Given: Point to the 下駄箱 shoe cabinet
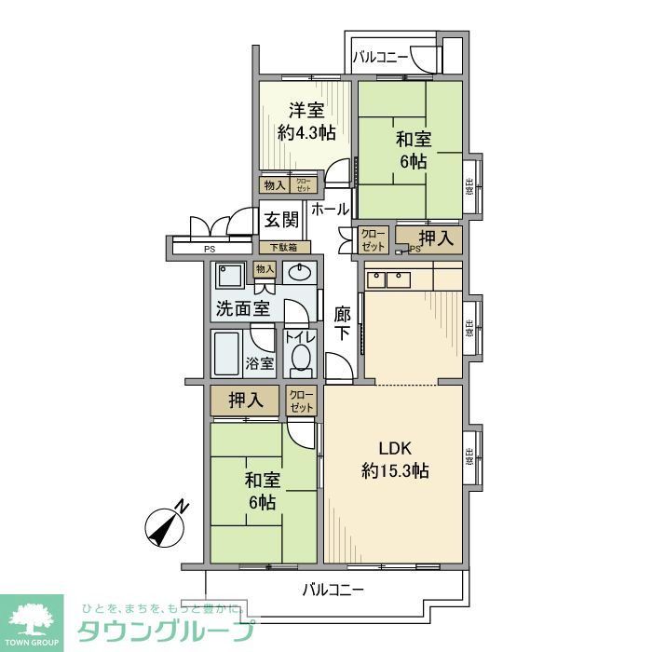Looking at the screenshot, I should click(283, 248).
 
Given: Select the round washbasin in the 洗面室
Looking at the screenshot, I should click(300, 273).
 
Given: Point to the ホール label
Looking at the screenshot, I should click(330, 210).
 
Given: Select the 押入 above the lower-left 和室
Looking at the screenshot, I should click(246, 401).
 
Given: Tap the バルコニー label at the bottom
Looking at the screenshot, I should click(333, 589).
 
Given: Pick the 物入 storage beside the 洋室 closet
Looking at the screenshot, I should click(274, 185).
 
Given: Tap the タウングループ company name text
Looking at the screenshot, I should click(167, 630).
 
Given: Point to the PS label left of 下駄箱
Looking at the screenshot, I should click(209, 249).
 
